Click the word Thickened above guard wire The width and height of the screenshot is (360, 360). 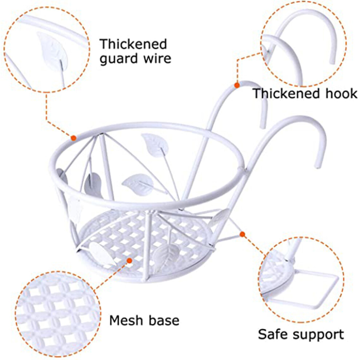point(133,44)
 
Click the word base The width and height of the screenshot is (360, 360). point(164,320)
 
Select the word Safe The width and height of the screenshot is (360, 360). point(273,334)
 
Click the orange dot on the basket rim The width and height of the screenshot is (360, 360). point(73,138)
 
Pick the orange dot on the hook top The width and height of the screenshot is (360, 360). point(237,85)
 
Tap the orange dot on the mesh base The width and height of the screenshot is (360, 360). point(129,260)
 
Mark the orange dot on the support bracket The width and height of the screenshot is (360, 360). point(242,234)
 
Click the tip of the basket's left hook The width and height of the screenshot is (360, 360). point(263,127)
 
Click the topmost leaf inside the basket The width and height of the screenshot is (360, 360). point(155,145)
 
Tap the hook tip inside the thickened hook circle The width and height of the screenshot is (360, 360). point(332,62)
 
